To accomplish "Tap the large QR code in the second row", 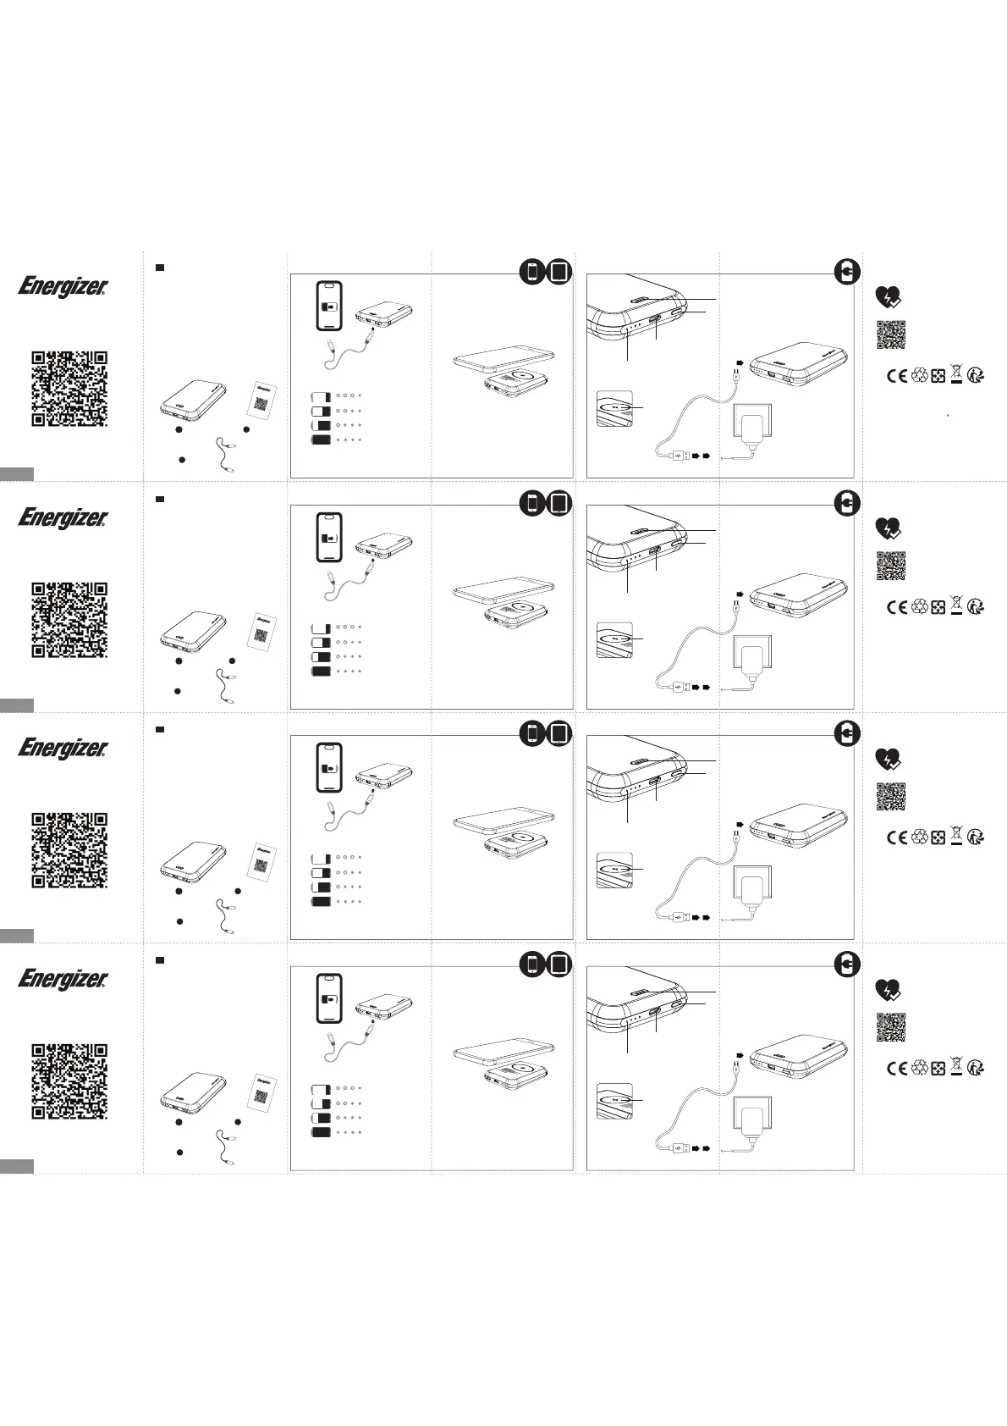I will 69,619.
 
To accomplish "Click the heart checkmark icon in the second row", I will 887,528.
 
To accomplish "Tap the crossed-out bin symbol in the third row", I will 957,837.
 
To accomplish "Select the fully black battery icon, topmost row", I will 322,440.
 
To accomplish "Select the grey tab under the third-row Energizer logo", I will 17,935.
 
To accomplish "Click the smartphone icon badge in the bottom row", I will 531,964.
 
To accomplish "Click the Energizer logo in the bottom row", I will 63,979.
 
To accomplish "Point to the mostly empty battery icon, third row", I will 321,857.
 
